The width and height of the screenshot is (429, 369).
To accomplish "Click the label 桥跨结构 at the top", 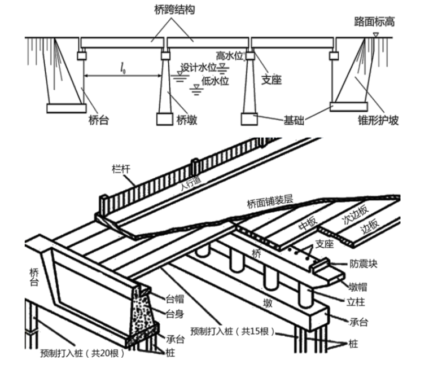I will (x=174, y=10).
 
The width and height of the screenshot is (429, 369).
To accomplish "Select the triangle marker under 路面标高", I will (x=375, y=36).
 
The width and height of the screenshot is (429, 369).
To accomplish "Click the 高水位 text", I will (x=230, y=55).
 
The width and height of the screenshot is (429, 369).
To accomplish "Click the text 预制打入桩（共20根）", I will (x=82, y=354).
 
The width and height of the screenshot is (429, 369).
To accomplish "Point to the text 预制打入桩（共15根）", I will (x=232, y=331).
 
